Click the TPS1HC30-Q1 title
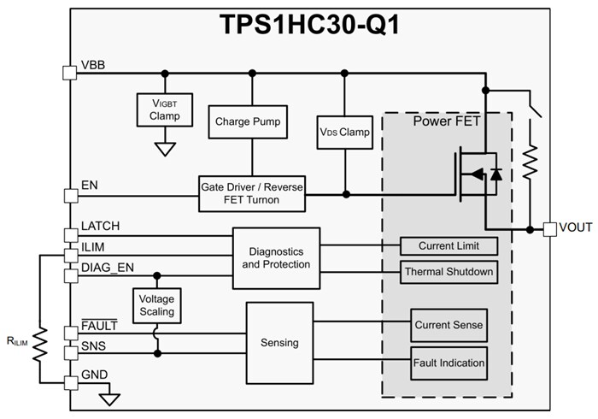click(299, 23)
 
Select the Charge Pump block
click(251, 121)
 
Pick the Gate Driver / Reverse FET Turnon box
click(251, 193)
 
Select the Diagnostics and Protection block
click(275, 257)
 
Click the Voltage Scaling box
click(156, 304)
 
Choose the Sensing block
click(278, 342)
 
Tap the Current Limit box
click(448, 246)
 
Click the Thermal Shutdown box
click(448, 272)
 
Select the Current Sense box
click(448, 325)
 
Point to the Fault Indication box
click(448, 363)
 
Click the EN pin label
click(89, 184)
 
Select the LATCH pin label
click(100, 226)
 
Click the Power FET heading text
click(447, 121)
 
